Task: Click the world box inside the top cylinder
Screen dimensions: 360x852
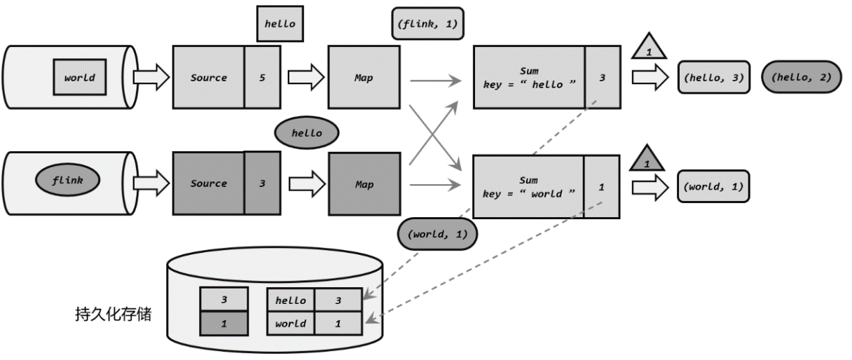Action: [x=80, y=77]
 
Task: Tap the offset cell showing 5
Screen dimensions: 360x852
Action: [x=262, y=77]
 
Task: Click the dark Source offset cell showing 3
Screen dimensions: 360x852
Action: [x=262, y=184]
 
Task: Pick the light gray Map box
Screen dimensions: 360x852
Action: [x=364, y=77]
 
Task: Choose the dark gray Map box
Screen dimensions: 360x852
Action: [x=364, y=184]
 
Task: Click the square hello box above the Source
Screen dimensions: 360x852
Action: [x=280, y=24]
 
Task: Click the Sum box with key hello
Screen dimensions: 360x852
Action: [x=529, y=77]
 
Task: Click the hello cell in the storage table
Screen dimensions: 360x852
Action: [x=291, y=300]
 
